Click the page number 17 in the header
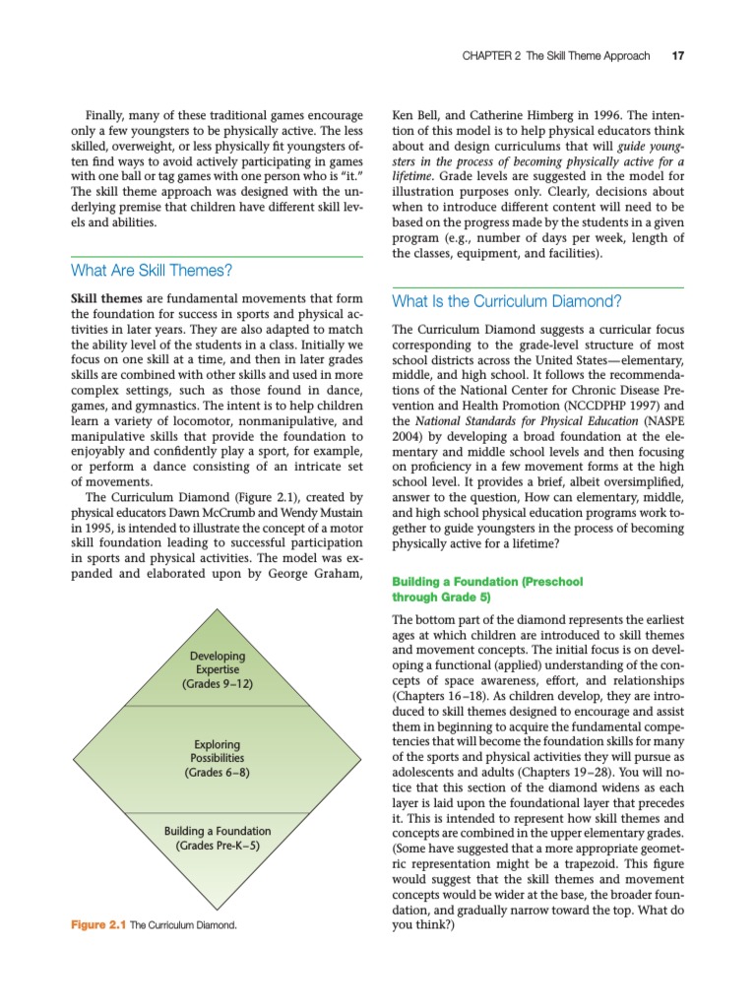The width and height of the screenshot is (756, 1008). [677, 55]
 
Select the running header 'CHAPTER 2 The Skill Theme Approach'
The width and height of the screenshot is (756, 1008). [555, 55]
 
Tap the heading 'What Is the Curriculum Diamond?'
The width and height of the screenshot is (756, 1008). [507, 301]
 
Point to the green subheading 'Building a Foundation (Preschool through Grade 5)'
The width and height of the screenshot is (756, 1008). [487, 589]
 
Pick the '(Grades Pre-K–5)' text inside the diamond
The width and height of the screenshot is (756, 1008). [218, 846]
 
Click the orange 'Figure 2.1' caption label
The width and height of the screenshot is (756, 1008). [98, 925]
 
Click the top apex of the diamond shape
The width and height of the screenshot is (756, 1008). [218, 609]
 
